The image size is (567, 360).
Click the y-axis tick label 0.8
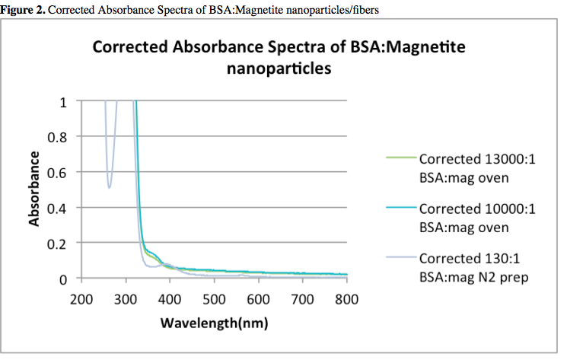coord(59,137)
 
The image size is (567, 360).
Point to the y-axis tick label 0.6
coord(59,173)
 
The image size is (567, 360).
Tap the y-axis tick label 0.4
coord(59,209)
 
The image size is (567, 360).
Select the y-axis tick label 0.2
coord(59,244)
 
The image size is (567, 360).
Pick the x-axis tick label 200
coord(81,298)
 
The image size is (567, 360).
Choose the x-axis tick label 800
coord(347,298)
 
